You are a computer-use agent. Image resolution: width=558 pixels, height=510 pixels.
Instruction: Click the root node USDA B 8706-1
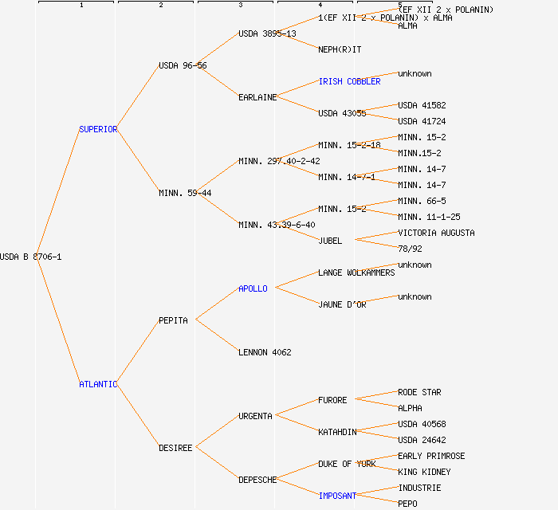pyautogui.click(x=31, y=257)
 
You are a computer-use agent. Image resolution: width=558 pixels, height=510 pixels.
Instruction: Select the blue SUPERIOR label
pyautogui.click(x=98, y=129)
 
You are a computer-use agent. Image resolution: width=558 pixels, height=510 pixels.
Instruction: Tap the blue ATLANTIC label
pyautogui.click(x=98, y=384)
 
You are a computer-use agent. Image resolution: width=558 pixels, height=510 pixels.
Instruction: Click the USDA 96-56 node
pyautogui.click(x=183, y=65)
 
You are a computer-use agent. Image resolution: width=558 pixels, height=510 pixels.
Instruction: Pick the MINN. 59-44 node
pyautogui.click(x=185, y=193)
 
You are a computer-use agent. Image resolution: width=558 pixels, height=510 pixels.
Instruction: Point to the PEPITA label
pyautogui.click(x=173, y=320)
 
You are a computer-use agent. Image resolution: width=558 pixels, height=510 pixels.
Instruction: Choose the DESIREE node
pyautogui.click(x=175, y=448)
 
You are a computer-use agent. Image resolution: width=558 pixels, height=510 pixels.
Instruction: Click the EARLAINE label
pyautogui.click(x=257, y=97)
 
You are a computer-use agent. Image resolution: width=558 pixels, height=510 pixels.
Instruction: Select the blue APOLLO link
pyautogui.click(x=253, y=288)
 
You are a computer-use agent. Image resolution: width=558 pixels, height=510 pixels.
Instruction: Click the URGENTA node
pyautogui.click(x=255, y=416)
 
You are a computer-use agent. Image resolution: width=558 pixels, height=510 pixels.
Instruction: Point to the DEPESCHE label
pyautogui.click(x=257, y=480)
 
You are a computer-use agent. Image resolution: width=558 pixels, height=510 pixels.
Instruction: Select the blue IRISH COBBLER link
pyautogui.click(x=349, y=81)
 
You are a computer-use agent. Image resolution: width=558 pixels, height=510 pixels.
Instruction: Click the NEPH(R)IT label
pyautogui.click(x=340, y=49)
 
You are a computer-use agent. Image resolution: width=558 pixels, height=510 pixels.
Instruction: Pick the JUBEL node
pyautogui.click(x=330, y=241)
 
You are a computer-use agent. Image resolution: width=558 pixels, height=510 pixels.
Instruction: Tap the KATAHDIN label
pyautogui.click(x=337, y=432)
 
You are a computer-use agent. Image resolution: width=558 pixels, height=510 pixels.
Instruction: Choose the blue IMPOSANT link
pyautogui.click(x=337, y=496)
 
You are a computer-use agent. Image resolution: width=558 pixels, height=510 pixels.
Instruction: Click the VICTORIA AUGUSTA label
pyautogui.click(x=436, y=233)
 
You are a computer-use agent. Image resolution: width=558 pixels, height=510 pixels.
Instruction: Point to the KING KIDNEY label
pyautogui.click(x=424, y=472)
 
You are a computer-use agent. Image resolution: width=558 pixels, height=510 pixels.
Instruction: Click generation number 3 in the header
pyautogui.click(x=240, y=6)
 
